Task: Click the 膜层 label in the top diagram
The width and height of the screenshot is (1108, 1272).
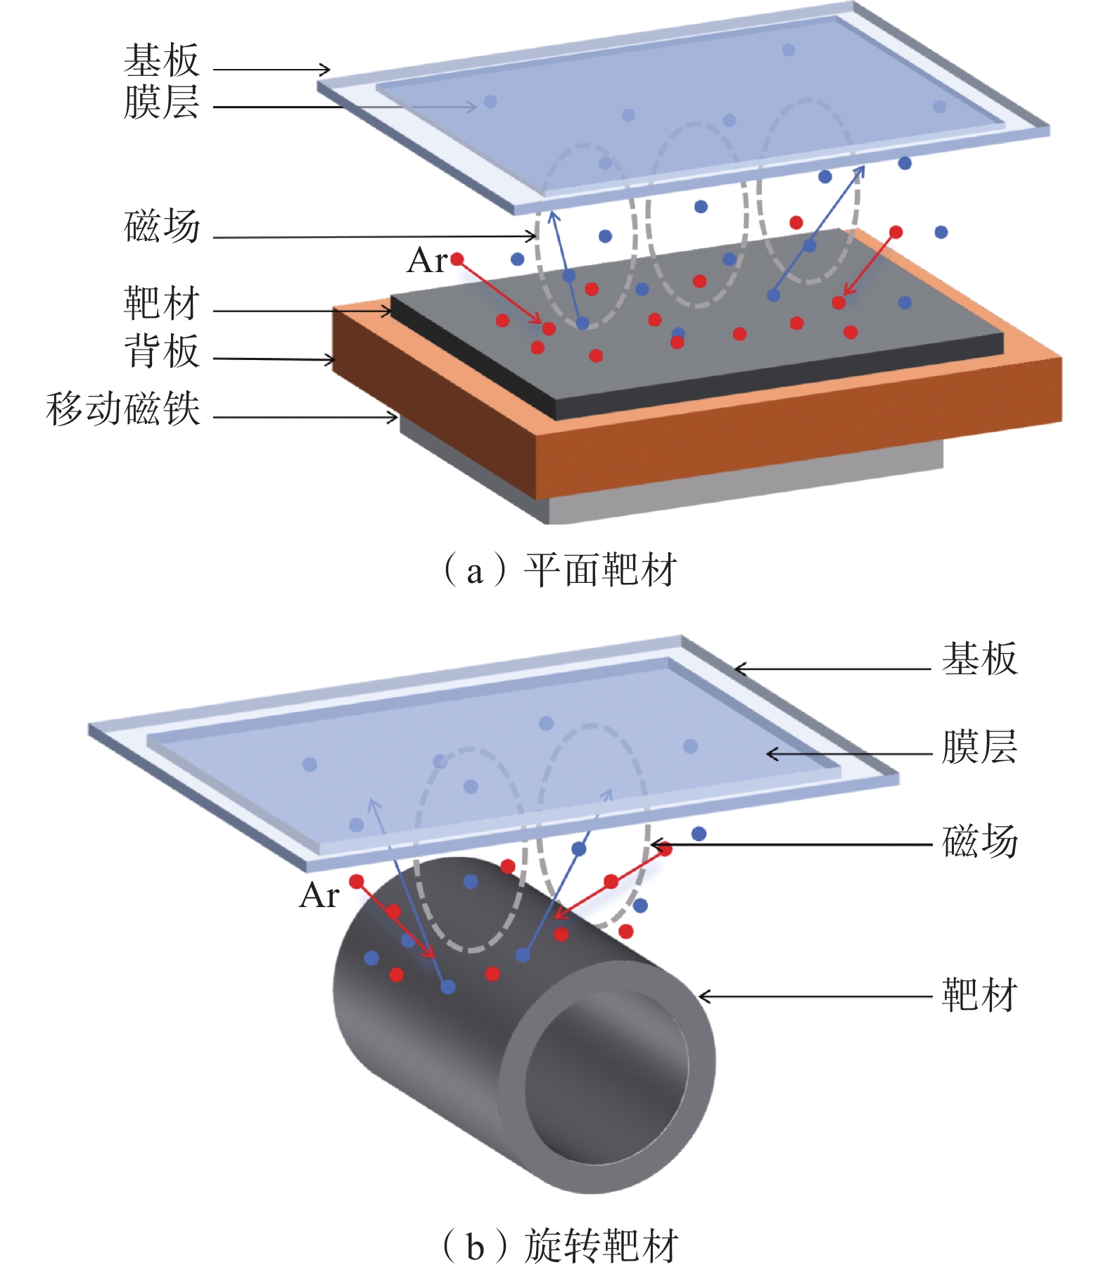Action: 162,102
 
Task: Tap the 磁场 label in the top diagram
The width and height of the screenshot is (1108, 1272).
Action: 162,226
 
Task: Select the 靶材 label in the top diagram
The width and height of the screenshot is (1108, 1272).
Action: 162,303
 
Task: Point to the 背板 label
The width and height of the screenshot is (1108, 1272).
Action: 162,351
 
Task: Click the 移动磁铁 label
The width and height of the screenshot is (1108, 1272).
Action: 123,409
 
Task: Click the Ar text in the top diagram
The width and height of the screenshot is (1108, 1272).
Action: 426,261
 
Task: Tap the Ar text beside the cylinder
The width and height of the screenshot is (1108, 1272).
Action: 319,896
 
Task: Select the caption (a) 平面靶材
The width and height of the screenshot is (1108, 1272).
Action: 559,570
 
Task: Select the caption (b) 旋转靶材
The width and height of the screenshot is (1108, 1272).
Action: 559,1245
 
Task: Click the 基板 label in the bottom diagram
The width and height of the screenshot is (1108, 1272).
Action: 980,659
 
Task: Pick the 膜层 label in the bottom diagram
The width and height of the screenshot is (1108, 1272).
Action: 980,747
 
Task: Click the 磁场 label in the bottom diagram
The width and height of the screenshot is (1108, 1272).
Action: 980,841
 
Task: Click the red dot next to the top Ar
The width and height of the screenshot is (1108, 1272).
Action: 457,259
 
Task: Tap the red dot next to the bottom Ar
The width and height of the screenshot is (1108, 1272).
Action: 357,881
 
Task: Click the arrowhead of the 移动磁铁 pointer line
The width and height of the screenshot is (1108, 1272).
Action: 394,418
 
